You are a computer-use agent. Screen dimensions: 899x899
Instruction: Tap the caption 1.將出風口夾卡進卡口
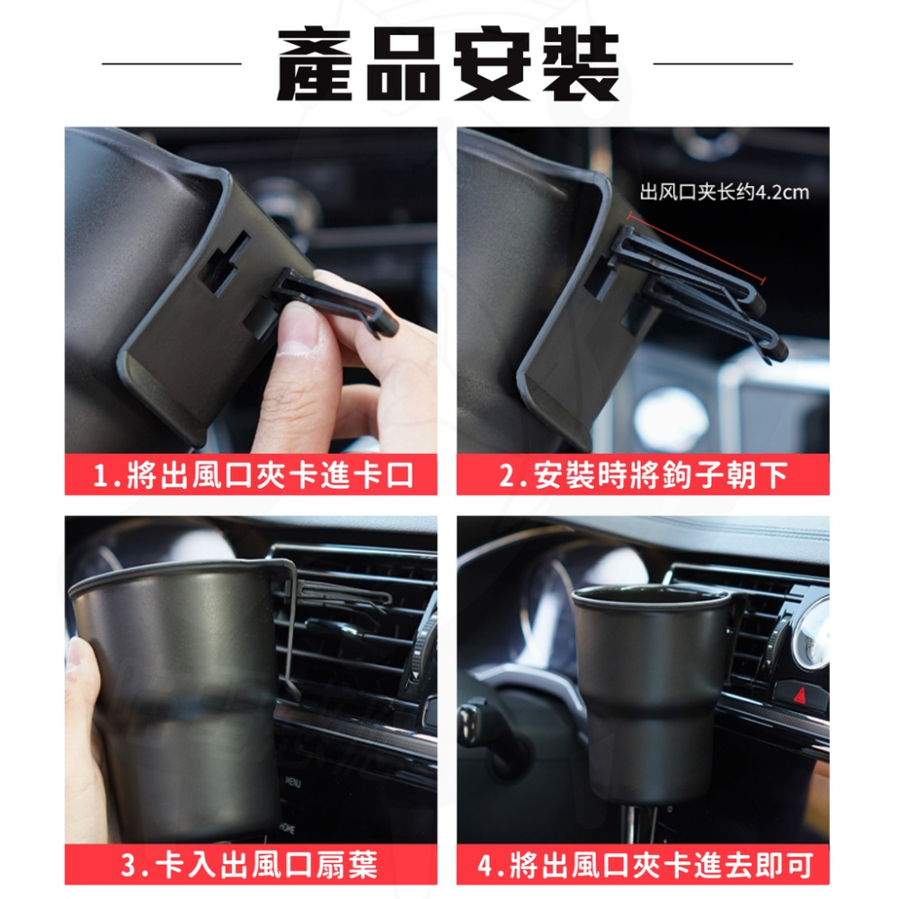[253, 475]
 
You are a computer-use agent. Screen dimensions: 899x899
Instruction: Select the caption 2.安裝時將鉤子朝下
[644, 475]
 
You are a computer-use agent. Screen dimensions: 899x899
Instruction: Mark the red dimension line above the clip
[697, 249]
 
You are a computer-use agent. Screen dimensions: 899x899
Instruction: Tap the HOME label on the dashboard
[287, 826]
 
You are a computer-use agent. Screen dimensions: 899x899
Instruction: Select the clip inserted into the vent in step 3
[337, 594]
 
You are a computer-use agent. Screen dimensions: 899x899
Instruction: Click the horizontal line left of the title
[172, 65]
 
